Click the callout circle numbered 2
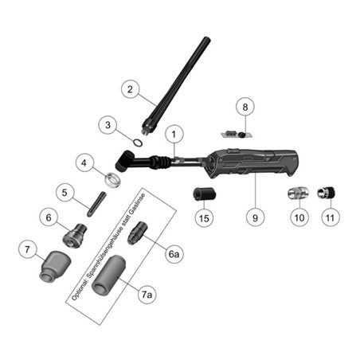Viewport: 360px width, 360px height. click(130, 89)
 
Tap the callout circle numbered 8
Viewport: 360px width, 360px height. click(245, 107)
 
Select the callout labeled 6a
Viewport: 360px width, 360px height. click(174, 254)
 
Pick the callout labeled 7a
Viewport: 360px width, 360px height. click(147, 295)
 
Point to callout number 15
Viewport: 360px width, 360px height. click(204, 218)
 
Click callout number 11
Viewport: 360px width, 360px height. click(330, 217)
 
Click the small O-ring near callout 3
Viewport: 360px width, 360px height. click(137, 143)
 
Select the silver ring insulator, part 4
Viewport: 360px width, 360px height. click(113, 179)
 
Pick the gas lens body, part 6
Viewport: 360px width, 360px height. click(75, 235)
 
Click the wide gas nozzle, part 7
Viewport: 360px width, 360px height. click(55, 266)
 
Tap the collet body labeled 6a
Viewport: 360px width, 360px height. click(137, 233)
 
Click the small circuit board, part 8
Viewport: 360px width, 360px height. click(237, 134)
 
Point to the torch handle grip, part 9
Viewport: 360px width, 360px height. click(252, 163)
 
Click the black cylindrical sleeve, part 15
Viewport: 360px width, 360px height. click(204, 194)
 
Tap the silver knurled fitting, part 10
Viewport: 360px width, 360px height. click(299, 193)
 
